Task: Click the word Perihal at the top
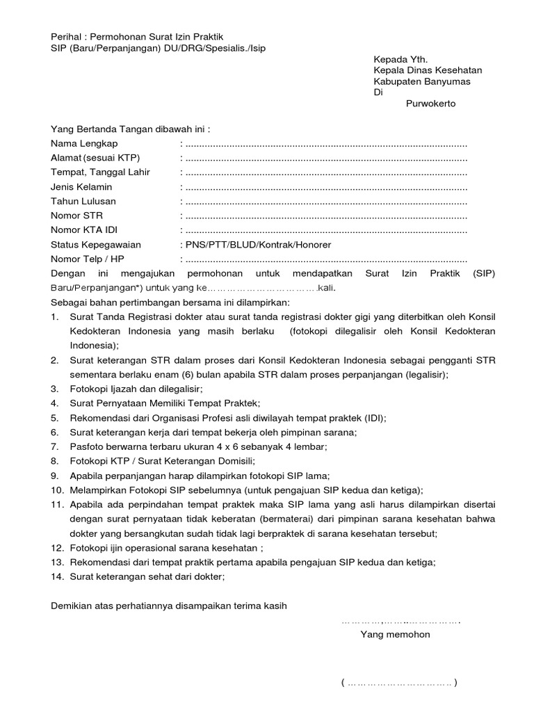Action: (x=67, y=36)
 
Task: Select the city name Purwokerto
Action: (x=430, y=104)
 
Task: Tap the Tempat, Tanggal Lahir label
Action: (x=100, y=172)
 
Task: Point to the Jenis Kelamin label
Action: (x=81, y=187)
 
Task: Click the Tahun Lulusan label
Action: (x=83, y=201)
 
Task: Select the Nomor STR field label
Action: (x=76, y=216)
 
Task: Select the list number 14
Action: (x=56, y=576)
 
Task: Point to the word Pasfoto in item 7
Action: (x=87, y=446)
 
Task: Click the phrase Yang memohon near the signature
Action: (x=394, y=634)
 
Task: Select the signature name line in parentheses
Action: (x=399, y=683)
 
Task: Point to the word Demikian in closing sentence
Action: (x=72, y=606)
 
